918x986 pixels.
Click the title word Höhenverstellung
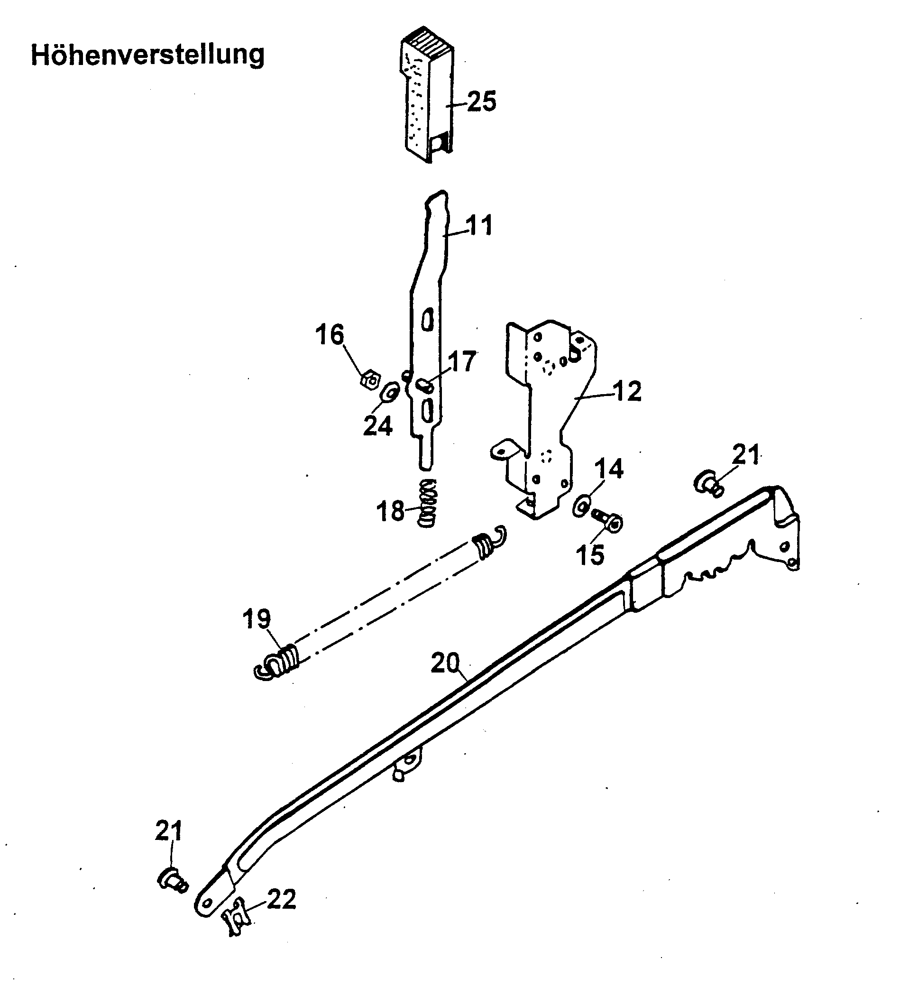coord(147,55)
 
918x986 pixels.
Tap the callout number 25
coord(481,101)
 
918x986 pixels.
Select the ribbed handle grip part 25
coord(426,99)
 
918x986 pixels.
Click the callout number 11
coord(478,226)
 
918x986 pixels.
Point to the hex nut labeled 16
coord(369,381)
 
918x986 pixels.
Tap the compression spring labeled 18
coord(428,503)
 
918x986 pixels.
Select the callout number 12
coord(627,392)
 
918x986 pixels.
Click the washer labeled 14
coord(581,507)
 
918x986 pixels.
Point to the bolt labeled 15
coord(607,521)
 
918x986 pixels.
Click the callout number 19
coord(257,619)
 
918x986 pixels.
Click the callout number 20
coord(445,663)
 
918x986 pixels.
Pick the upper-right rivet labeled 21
coord(709,483)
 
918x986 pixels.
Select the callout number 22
coord(281,899)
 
